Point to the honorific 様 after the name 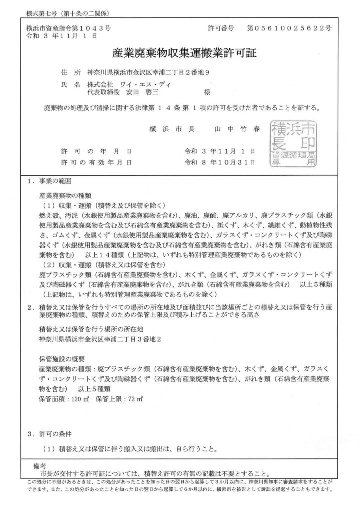[207, 92]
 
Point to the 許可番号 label [220, 29]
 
